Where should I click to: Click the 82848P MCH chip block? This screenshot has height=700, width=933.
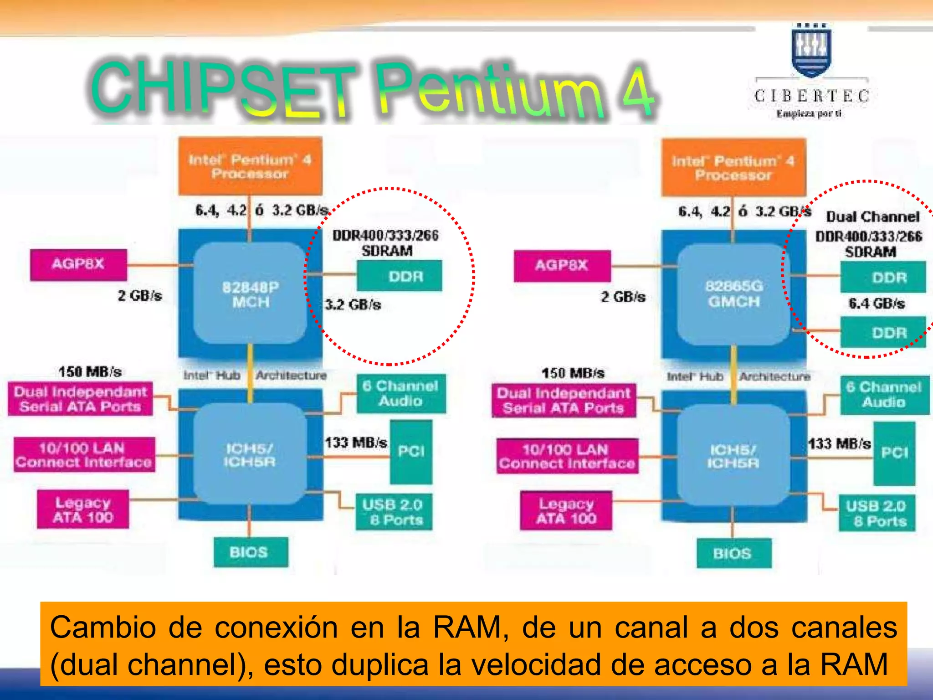point(250,294)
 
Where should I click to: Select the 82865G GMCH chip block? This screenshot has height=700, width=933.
point(733,294)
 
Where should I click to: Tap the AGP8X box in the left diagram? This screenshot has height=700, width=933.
point(78,264)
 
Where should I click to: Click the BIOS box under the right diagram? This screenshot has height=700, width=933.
point(733,553)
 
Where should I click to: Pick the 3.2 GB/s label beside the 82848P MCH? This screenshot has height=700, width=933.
point(353,304)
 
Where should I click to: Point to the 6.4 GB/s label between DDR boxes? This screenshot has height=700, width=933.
point(877,304)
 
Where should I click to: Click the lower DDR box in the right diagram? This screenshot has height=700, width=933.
point(883,333)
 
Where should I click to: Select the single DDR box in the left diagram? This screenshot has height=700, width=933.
point(400,276)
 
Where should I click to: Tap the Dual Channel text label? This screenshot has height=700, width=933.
point(873,217)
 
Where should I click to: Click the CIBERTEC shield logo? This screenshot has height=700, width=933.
point(811,50)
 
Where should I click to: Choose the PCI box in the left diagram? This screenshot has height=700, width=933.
point(411,452)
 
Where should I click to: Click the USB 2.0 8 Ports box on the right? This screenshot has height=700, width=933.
point(876,513)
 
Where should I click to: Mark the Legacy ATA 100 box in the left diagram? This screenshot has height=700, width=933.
point(83,510)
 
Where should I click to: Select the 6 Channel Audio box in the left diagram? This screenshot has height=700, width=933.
point(400,394)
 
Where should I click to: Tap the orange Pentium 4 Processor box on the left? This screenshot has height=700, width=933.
point(250,166)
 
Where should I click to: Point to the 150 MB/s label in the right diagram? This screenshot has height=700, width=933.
point(573,373)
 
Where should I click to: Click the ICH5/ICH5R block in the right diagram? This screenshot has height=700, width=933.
point(733,456)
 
